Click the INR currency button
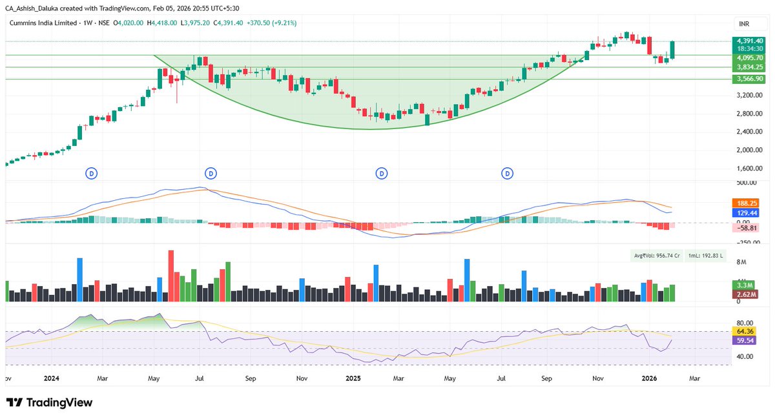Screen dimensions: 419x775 click(744, 24)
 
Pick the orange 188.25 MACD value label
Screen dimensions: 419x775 click(747, 203)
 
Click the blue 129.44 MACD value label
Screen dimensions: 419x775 click(747, 212)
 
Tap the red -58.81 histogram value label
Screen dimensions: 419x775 click(747, 228)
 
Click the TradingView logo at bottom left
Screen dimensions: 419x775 click(50, 403)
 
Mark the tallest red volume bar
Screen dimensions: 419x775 click(171, 275)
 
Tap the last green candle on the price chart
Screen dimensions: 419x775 click(672, 50)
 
